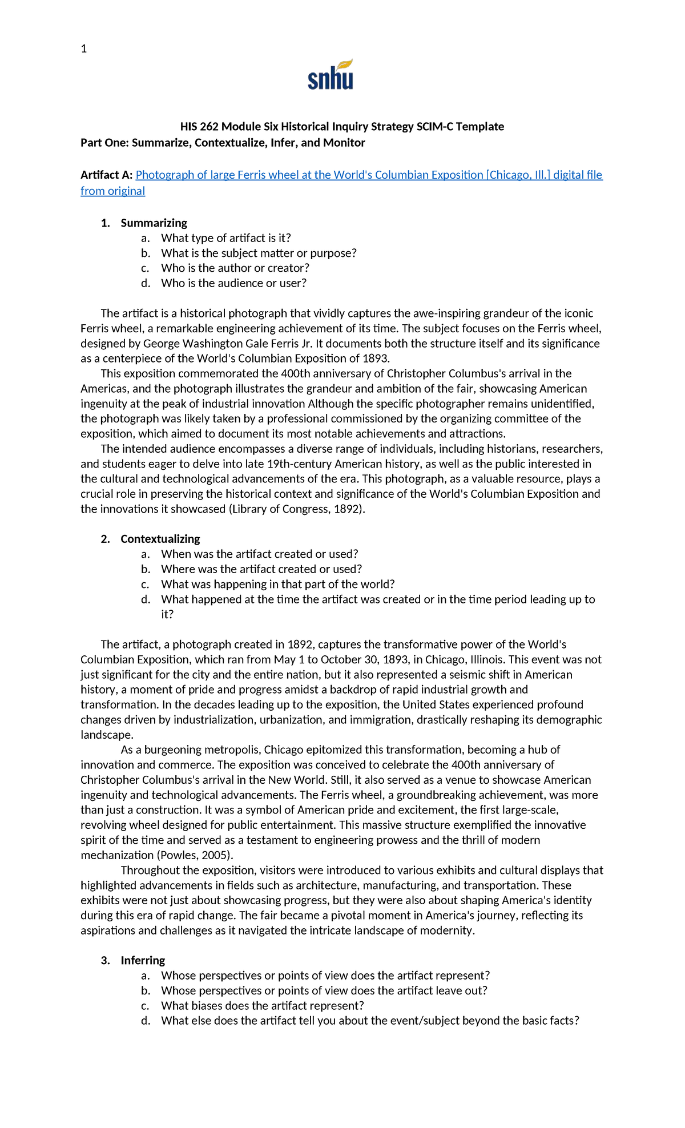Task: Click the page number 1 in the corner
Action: point(84,49)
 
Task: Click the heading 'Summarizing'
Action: point(154,223)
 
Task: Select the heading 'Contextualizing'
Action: point(160,539)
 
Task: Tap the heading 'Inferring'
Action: point(143,960)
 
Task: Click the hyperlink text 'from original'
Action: point(112,191)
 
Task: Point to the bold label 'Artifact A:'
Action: point(106,175)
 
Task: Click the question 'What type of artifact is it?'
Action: point(225,238)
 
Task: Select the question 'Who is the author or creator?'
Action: point(235,268)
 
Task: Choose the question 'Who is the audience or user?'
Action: point(233,283)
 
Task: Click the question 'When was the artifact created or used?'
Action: point(259,554)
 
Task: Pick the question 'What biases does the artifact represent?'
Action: point(262,1005)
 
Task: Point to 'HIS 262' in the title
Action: point(199,127)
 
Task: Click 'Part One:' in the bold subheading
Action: point(104,143)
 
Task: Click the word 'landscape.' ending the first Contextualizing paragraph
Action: point(107,735)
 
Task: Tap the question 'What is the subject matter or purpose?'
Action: point(259,253)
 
